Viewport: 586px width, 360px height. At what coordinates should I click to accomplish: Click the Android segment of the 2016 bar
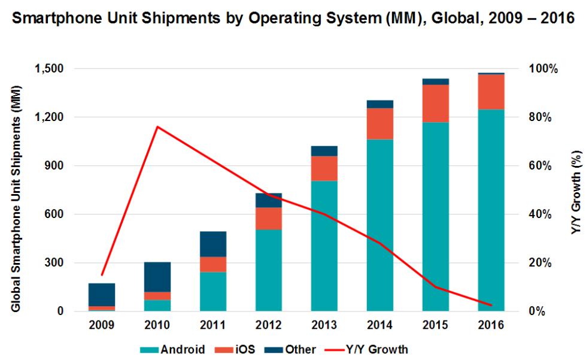point(491,210)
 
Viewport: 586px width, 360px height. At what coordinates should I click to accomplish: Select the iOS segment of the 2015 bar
point(435,104)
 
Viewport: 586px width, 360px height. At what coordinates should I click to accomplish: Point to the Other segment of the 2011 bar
point(212,244)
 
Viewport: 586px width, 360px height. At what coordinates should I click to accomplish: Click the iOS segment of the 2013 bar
point(324,168)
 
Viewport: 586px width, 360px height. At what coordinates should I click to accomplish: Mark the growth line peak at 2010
point(157,126)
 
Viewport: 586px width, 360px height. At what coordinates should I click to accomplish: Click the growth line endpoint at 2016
point(491,305)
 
